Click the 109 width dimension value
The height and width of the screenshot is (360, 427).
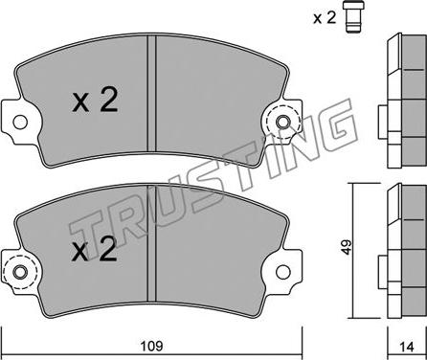152,346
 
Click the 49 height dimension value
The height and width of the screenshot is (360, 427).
346,247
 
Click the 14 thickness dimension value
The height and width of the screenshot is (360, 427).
407,347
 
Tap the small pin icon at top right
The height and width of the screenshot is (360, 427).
353,16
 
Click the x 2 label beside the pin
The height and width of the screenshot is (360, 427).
325,18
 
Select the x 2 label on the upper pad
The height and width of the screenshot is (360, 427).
95,100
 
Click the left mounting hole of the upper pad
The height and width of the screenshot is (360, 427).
20,122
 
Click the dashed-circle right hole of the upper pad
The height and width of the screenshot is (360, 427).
282,122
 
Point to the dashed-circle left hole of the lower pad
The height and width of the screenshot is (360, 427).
20,272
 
